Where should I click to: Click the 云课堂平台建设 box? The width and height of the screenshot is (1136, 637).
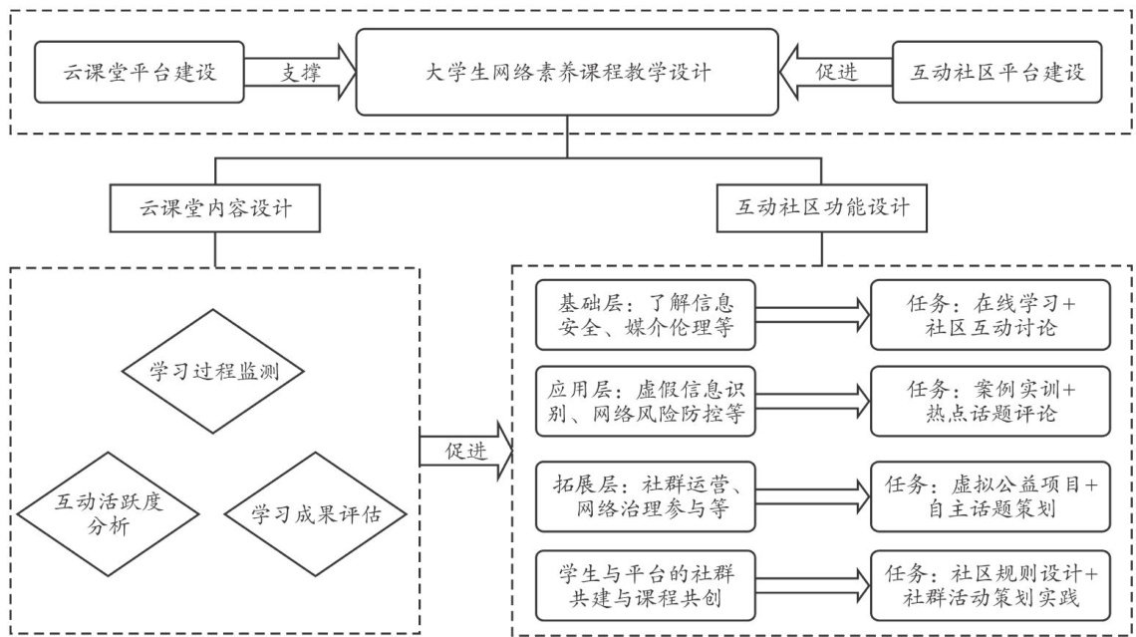tap(140, 72)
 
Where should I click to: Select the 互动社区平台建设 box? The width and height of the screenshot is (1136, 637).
tap(997, 72)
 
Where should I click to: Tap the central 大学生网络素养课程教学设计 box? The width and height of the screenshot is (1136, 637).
tap(568, 72)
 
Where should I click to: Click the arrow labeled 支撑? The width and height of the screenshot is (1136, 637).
tap(300, 72)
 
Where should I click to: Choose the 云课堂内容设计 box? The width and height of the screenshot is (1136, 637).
tap(215, 210)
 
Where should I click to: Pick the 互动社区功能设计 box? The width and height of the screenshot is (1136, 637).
tap(822, 210)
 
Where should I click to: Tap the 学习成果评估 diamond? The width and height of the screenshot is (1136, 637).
tap(315, 513)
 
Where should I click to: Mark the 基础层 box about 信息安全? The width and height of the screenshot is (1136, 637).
tap(644, 313)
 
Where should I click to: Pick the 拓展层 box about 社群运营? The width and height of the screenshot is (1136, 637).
tap(644, 496)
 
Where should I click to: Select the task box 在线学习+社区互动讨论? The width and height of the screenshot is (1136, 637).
tap(991, 313)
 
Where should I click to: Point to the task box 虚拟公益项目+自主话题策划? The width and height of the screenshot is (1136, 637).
tap(991, 496)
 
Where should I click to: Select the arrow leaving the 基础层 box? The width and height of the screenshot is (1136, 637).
tap(812, 313)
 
